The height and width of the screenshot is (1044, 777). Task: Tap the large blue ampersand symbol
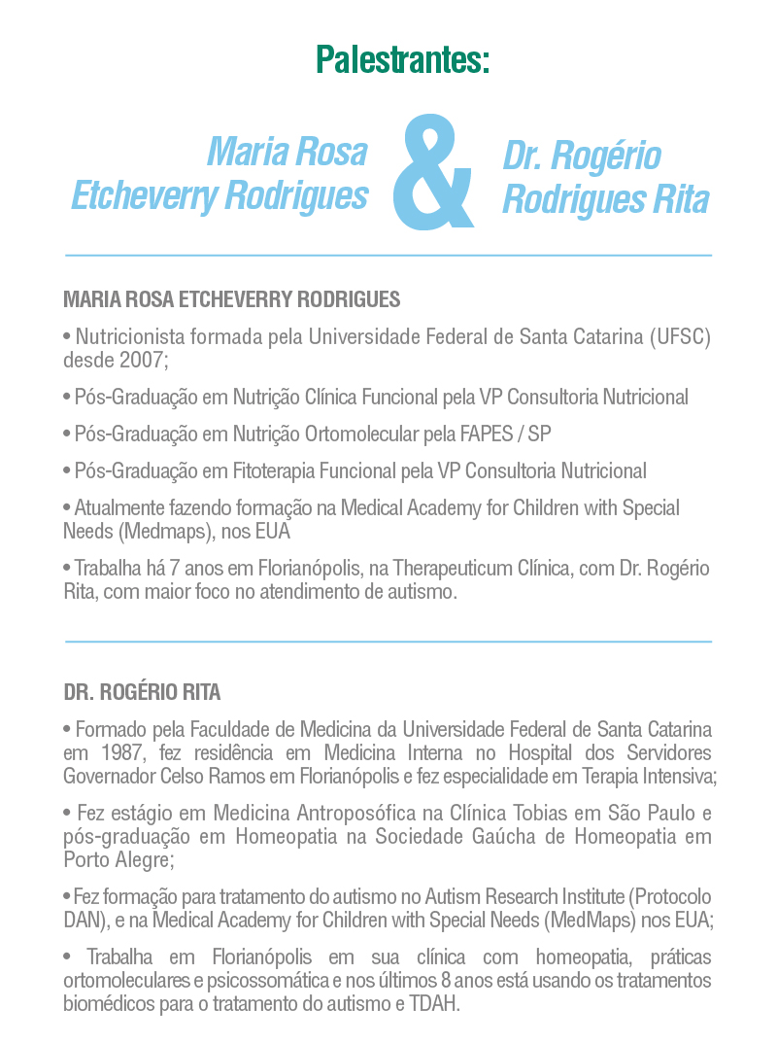[433, 171]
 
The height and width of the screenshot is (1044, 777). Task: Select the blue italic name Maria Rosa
[287, 153]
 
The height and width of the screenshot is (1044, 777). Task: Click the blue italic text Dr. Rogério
[582, 156]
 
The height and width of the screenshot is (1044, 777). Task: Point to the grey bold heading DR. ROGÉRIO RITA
[142, 693]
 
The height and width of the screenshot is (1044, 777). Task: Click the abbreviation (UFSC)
[679, 337]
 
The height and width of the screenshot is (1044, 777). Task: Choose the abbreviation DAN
[80, 920]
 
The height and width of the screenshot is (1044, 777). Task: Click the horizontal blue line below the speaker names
[388, 255]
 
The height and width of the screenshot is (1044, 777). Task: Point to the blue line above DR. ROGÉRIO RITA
[388, 642]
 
